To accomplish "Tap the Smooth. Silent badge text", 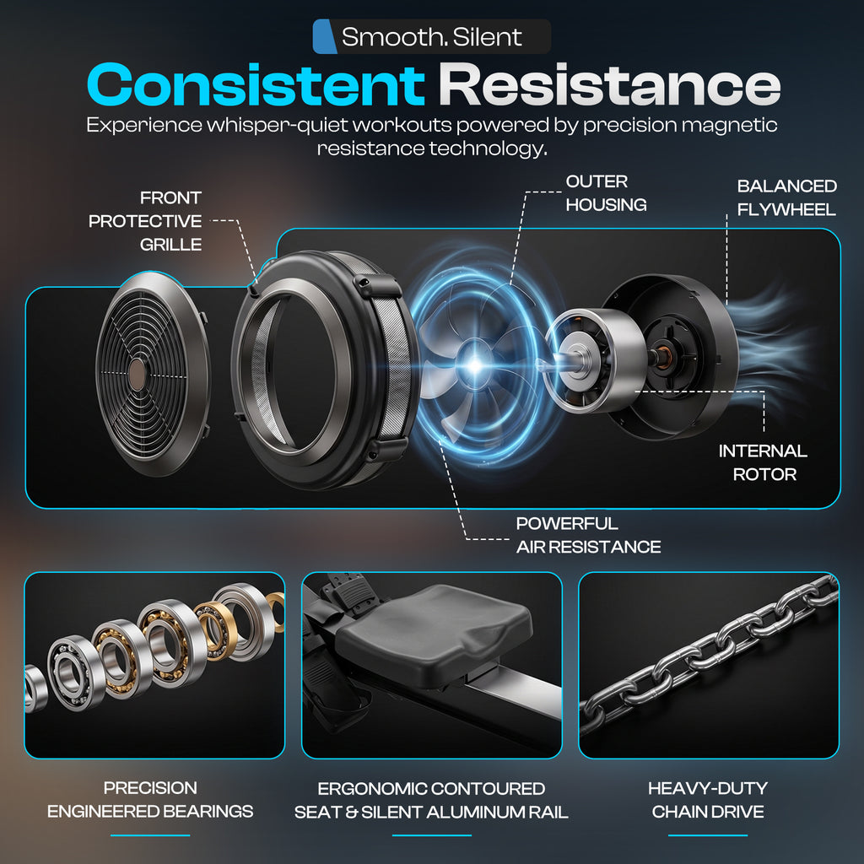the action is pyautogui.click(x=431, y=37).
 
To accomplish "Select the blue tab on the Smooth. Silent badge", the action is pyautogui.click(x=325, y=36).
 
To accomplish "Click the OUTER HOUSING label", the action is pyautogui.click(x=606, y=193).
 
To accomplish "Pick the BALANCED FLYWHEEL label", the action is pyautogui.click(x=787, y=197).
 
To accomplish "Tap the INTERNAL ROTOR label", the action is pyautogui.click(x=763, y=462).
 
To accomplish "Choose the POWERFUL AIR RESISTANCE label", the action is pyautogui.click(x=588, y=535).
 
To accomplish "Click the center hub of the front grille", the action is pyautogui.click(x=137, y=375).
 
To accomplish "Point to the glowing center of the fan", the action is pyautogui.click(x=474, y=364).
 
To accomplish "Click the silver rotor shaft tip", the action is pyautogui.click(x=543, y=364).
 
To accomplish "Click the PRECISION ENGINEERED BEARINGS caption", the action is pyautogui.click(x=150, y=800).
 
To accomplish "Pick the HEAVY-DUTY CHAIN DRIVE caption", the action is pyautogui.click(x=708, y=800).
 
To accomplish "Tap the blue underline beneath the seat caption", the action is pyautogui.click(x=432, y=835).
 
